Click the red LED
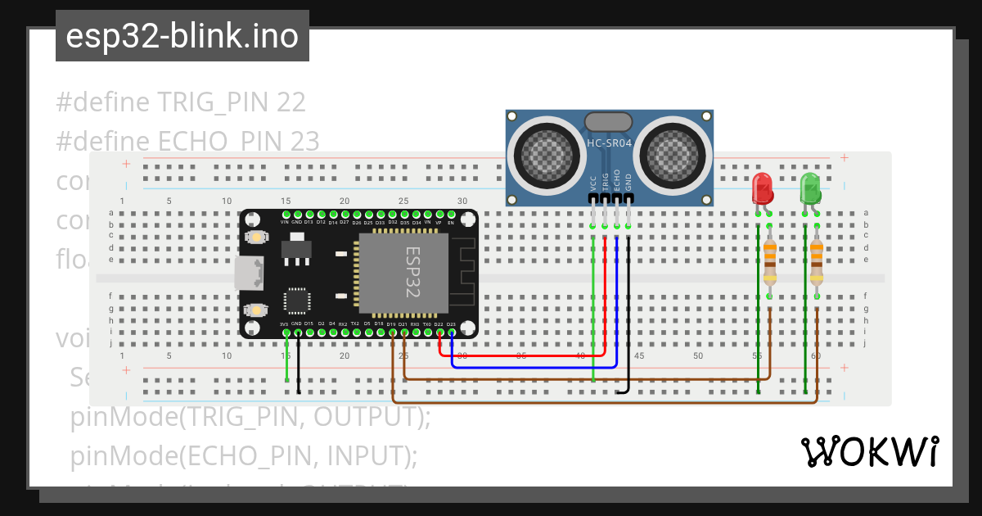click(x=762, y=188)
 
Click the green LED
click(x=810, y=188)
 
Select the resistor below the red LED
click(x=770, y=260)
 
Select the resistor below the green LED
click(x=817, y=260)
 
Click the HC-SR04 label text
click(x=610, y=143)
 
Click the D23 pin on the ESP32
click(x=451, y=333)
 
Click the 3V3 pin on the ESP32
click(x=285, y=333)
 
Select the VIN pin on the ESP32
click(x=285, y=214)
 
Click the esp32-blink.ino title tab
click(x=182, y=36)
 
